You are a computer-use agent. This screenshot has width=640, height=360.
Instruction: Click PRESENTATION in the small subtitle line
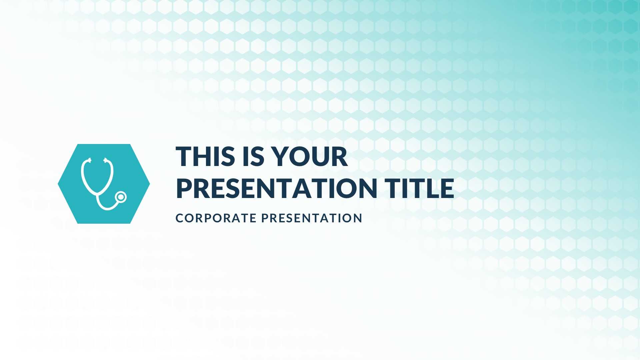coord(312,218)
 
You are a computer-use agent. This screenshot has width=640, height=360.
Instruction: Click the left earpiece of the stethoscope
coord(88,160)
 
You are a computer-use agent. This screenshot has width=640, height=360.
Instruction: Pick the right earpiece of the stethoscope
coord(107,160)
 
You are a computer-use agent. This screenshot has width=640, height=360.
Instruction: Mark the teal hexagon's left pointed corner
coord(58,184)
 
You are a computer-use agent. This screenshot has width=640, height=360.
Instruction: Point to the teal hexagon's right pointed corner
coord(150,184)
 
